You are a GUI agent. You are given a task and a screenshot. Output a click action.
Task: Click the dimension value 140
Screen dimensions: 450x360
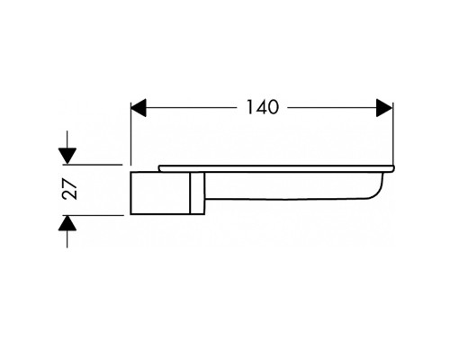[263, 107]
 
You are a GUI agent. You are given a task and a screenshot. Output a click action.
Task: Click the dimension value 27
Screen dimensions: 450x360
[70, 189]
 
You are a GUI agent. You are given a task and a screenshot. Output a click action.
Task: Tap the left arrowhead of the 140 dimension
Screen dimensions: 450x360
[139, 108]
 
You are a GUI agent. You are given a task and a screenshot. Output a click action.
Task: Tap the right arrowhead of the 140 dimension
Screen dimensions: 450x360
[384, 108]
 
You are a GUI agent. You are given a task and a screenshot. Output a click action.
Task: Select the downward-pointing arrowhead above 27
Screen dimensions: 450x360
[67, 156]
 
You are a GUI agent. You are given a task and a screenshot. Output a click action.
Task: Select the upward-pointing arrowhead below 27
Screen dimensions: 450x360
[67, 223]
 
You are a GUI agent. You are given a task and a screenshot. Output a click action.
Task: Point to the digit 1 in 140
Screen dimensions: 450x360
[250, 107]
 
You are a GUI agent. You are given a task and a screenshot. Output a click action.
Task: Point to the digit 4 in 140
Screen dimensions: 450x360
[260, 107]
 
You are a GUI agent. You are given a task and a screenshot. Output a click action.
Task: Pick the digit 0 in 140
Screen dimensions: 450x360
[273, 107]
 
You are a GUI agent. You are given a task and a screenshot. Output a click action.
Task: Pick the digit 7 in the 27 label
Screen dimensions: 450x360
[70, 184]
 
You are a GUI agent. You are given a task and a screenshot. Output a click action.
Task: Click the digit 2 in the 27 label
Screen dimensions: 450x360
[70, 195]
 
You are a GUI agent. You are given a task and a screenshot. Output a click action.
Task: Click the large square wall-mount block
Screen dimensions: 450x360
[160, 193]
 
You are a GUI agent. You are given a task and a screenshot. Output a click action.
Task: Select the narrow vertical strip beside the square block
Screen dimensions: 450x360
[197, 193]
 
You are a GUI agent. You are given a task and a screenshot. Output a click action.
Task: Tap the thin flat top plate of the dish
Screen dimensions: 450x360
[276, 168]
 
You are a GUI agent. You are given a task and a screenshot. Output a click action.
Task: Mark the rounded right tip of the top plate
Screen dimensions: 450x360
[393, 168]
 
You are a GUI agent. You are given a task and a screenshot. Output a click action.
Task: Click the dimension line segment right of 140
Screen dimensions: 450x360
[331, 108]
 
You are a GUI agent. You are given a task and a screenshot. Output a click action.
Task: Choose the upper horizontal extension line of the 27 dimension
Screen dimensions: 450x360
[93, 165]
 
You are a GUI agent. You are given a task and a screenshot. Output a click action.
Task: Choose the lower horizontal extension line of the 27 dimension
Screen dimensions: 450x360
[94, 215]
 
